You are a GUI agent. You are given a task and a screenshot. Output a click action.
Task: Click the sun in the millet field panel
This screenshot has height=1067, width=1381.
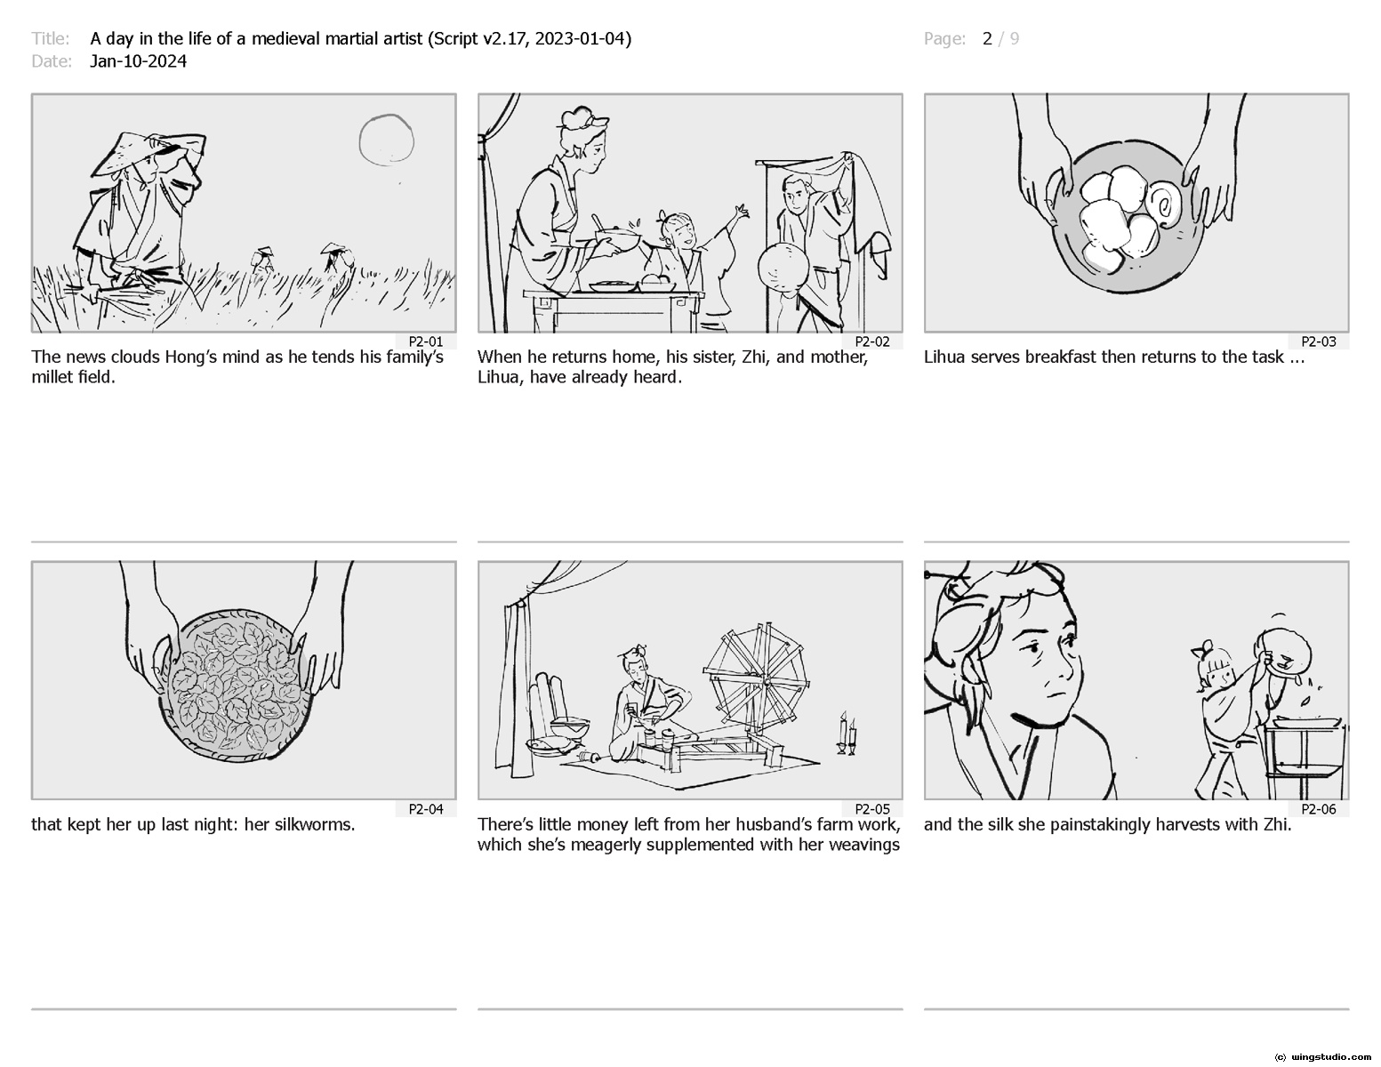coord(387,140)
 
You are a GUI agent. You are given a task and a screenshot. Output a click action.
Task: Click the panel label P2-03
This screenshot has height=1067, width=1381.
coord(1318,341)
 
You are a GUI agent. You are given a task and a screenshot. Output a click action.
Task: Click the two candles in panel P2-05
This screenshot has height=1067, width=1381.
coord(847,734)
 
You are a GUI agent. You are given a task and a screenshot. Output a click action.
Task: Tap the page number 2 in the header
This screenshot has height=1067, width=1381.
coord(986,39)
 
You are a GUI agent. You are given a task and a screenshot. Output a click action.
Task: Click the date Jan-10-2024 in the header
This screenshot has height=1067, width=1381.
coord(138,61)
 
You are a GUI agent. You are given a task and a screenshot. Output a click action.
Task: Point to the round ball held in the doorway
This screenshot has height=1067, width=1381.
coord(783,267)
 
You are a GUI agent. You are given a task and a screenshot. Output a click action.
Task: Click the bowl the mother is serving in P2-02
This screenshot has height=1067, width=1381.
coord(617,239)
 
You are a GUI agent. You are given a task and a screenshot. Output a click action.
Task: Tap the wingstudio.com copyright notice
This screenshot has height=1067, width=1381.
coord(1323,1057)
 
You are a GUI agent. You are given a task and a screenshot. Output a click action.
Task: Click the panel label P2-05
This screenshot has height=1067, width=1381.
coord(872,809)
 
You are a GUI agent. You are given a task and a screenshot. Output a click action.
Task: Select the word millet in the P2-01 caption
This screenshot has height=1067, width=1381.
coord(52,378)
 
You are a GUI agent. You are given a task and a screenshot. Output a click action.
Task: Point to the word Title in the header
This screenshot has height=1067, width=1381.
coord(50,39)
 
